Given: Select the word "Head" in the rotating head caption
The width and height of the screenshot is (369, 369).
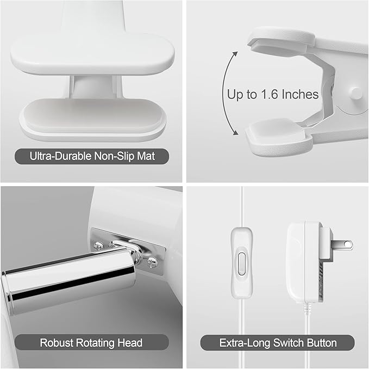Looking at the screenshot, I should (130, 343).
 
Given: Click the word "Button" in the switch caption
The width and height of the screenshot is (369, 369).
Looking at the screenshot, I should (319, 343).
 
